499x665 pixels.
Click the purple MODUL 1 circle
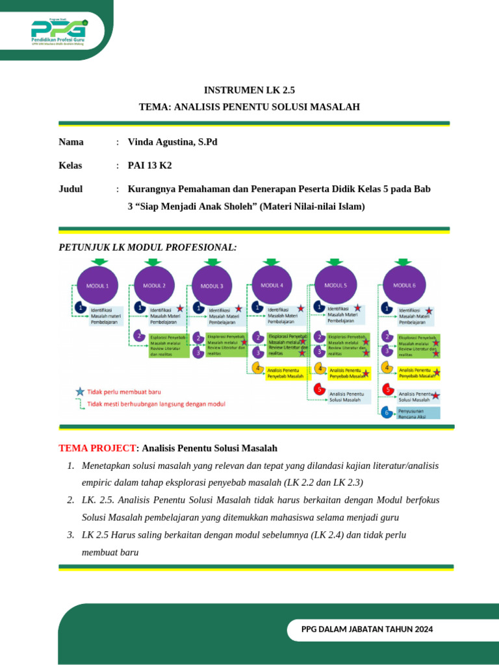pos(97,284)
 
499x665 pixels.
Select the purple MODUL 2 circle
pos(155,284)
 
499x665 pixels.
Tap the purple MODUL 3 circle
pos(212,285)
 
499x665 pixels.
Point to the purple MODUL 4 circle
pos(272,284)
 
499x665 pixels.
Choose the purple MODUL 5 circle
pos(336,284)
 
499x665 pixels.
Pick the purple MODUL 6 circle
pos(404,284)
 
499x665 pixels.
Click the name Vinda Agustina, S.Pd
pos(173,142)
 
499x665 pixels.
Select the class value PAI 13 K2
pos(150,165)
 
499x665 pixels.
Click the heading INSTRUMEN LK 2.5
pos(249,90)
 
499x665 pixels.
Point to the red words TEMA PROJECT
pos(98,448)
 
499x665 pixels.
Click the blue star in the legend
pos(79,392)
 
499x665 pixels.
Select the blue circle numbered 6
pos(387,412)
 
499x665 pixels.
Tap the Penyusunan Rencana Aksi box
pos(418,412)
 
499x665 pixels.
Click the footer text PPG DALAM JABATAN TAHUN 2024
pos(367,629)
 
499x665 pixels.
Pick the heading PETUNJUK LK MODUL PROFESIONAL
pos(147,247)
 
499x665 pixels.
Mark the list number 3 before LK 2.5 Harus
pos(70,534)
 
